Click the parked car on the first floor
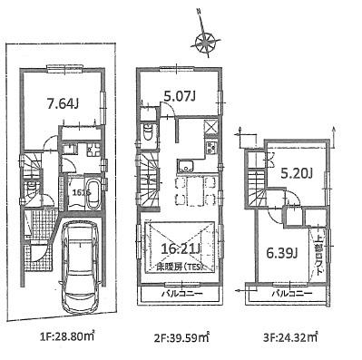[81, 264]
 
